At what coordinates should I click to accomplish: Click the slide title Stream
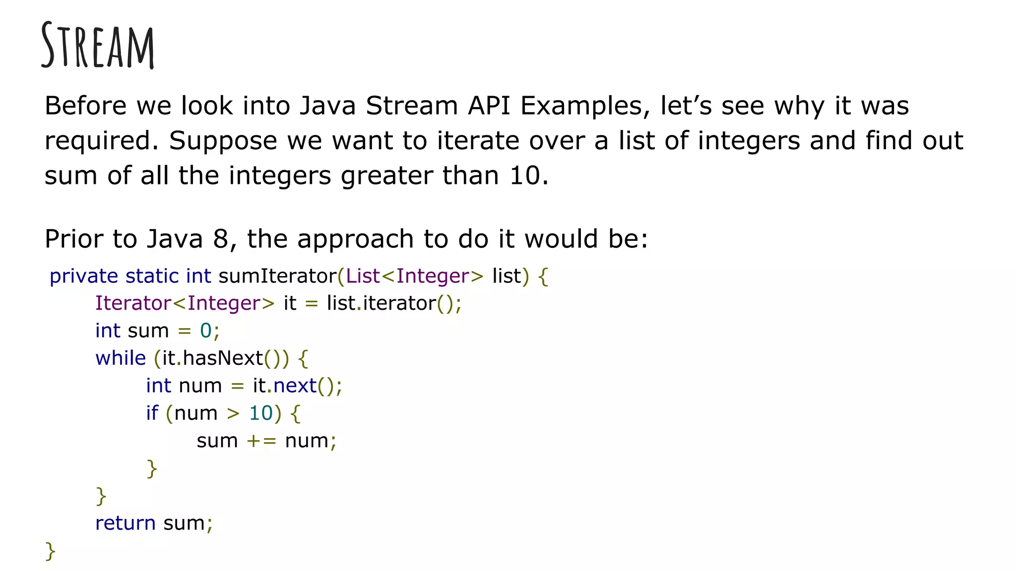coord(98,46)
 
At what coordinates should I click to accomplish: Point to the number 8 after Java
coord(220,239)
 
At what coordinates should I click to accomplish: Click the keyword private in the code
coord(84,276)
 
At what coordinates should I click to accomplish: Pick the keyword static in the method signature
coord(152,276)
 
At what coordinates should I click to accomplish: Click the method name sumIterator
coord(277,276)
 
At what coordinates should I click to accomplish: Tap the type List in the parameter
coord(363,276)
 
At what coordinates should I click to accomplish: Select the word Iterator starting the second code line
coord(133,303)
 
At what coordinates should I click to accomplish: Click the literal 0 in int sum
coord(205,331)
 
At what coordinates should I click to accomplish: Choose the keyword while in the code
coord(121,358)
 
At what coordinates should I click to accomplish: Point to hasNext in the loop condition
coord(223,358)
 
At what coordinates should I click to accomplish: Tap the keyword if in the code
coord(152,413)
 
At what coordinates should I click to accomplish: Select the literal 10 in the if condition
coord(261,413)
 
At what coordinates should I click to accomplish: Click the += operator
coord(261,441)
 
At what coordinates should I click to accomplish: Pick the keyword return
coord(125,523)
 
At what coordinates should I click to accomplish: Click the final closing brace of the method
coord(50,551)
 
